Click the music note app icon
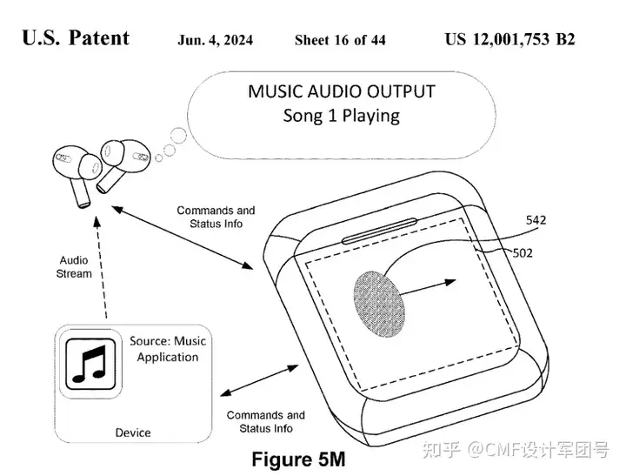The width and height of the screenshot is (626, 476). [90, 364]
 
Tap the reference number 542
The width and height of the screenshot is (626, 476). [536, 220]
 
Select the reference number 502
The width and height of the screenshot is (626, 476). [523, 253]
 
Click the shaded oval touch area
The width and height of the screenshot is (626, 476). [379, 305]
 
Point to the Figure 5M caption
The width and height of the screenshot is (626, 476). [298, 459]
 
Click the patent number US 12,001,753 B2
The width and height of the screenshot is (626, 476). [509, 39]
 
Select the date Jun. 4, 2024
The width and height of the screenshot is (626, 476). [216, 40]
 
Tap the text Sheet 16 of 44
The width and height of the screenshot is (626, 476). [340, 40]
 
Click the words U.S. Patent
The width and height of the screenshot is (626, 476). [76, 38]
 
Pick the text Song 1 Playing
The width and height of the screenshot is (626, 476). [342, 116]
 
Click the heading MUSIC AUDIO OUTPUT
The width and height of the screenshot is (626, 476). [342, 91]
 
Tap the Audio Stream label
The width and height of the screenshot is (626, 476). [74, 267]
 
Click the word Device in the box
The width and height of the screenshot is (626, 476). [133, 432]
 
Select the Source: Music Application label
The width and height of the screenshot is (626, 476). [168, 349]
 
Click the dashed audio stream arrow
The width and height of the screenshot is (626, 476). [101, 267]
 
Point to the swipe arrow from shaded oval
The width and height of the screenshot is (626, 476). [428, 288]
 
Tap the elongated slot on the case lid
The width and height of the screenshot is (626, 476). [379, 231]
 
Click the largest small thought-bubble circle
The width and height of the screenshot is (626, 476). [178, 136]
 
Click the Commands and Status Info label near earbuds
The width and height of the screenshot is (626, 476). [216, 217]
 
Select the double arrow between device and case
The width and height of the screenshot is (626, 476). [259, 380]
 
